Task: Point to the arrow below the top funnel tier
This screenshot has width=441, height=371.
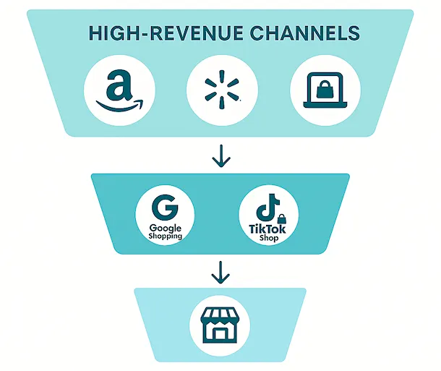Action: coord(220,155)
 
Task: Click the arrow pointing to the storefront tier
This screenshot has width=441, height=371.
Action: coord(220,273)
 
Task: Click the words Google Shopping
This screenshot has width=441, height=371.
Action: coord(166,231)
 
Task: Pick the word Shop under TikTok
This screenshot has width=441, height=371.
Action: coord(268,239)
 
